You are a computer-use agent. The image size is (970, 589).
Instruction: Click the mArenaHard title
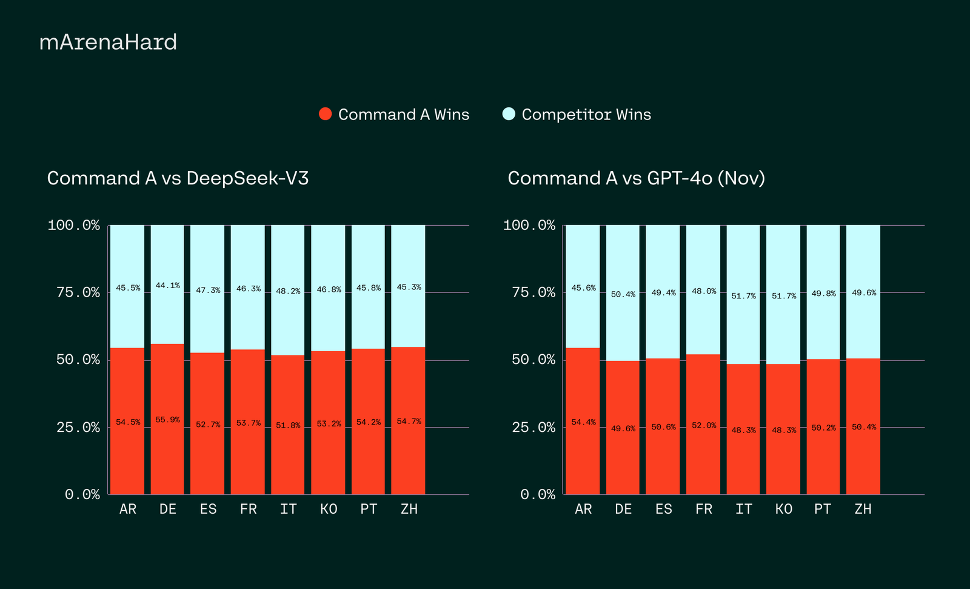[108, 42]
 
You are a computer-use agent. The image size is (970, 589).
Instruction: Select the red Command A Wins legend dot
[326, 114]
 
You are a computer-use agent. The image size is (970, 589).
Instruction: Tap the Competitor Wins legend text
[586, 115]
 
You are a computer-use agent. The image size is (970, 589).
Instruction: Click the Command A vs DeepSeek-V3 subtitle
[178, 178]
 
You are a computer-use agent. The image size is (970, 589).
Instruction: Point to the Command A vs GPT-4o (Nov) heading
[636, 178]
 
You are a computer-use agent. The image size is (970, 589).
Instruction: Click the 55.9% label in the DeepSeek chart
[168, 420]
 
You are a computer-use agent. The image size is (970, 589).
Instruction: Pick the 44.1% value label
[168, 286]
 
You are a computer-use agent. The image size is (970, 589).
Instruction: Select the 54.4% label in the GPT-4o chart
[583, 422]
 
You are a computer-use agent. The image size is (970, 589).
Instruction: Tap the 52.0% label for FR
[704, 426]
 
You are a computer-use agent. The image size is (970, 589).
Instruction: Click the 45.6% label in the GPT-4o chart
[583, 288]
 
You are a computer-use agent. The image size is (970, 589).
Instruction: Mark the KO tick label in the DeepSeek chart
[329, 510]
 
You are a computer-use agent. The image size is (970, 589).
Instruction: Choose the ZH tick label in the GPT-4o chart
[863, 510]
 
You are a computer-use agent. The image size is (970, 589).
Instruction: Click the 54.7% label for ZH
[409, 422]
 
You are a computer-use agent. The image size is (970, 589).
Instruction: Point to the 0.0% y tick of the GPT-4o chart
[538, 495]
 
